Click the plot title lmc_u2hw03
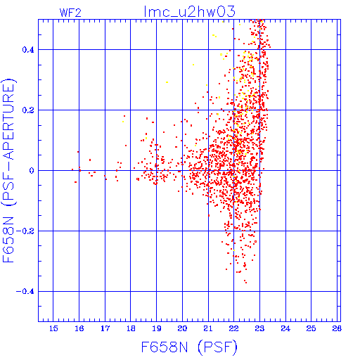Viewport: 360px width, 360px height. (x=189, y=12)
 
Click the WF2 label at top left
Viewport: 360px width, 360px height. (x=70, y=13)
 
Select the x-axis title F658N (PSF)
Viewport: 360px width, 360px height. (x=189, y=347)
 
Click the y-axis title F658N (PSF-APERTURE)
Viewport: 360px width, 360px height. (x=8, y=170)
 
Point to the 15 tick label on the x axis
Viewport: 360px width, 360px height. (x=53, y=328)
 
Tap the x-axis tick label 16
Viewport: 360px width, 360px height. (x=79, y=328)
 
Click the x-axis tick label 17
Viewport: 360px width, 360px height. (x=105, y=328)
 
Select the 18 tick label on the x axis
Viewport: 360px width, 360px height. (x=131, y=328)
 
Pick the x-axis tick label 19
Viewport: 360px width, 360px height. (x=157, y=328)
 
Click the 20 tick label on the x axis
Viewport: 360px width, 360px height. (x=182, y=328)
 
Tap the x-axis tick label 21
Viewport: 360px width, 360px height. (x=208, y=328)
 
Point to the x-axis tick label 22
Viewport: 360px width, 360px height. (x=233, y=328)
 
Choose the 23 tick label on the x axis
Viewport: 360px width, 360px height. (x=259, y=328)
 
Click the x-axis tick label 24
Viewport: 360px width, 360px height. (x=285, y=328)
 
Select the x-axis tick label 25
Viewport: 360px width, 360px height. (x=311, y=328)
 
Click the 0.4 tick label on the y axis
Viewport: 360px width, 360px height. (x=28, y=50)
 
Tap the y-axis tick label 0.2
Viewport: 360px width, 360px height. (x=28, y=110)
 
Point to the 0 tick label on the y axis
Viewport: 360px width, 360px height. (x=32, y=171)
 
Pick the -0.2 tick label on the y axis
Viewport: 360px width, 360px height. (x=25, y=231)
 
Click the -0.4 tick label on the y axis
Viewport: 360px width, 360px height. (x=25, y=292)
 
